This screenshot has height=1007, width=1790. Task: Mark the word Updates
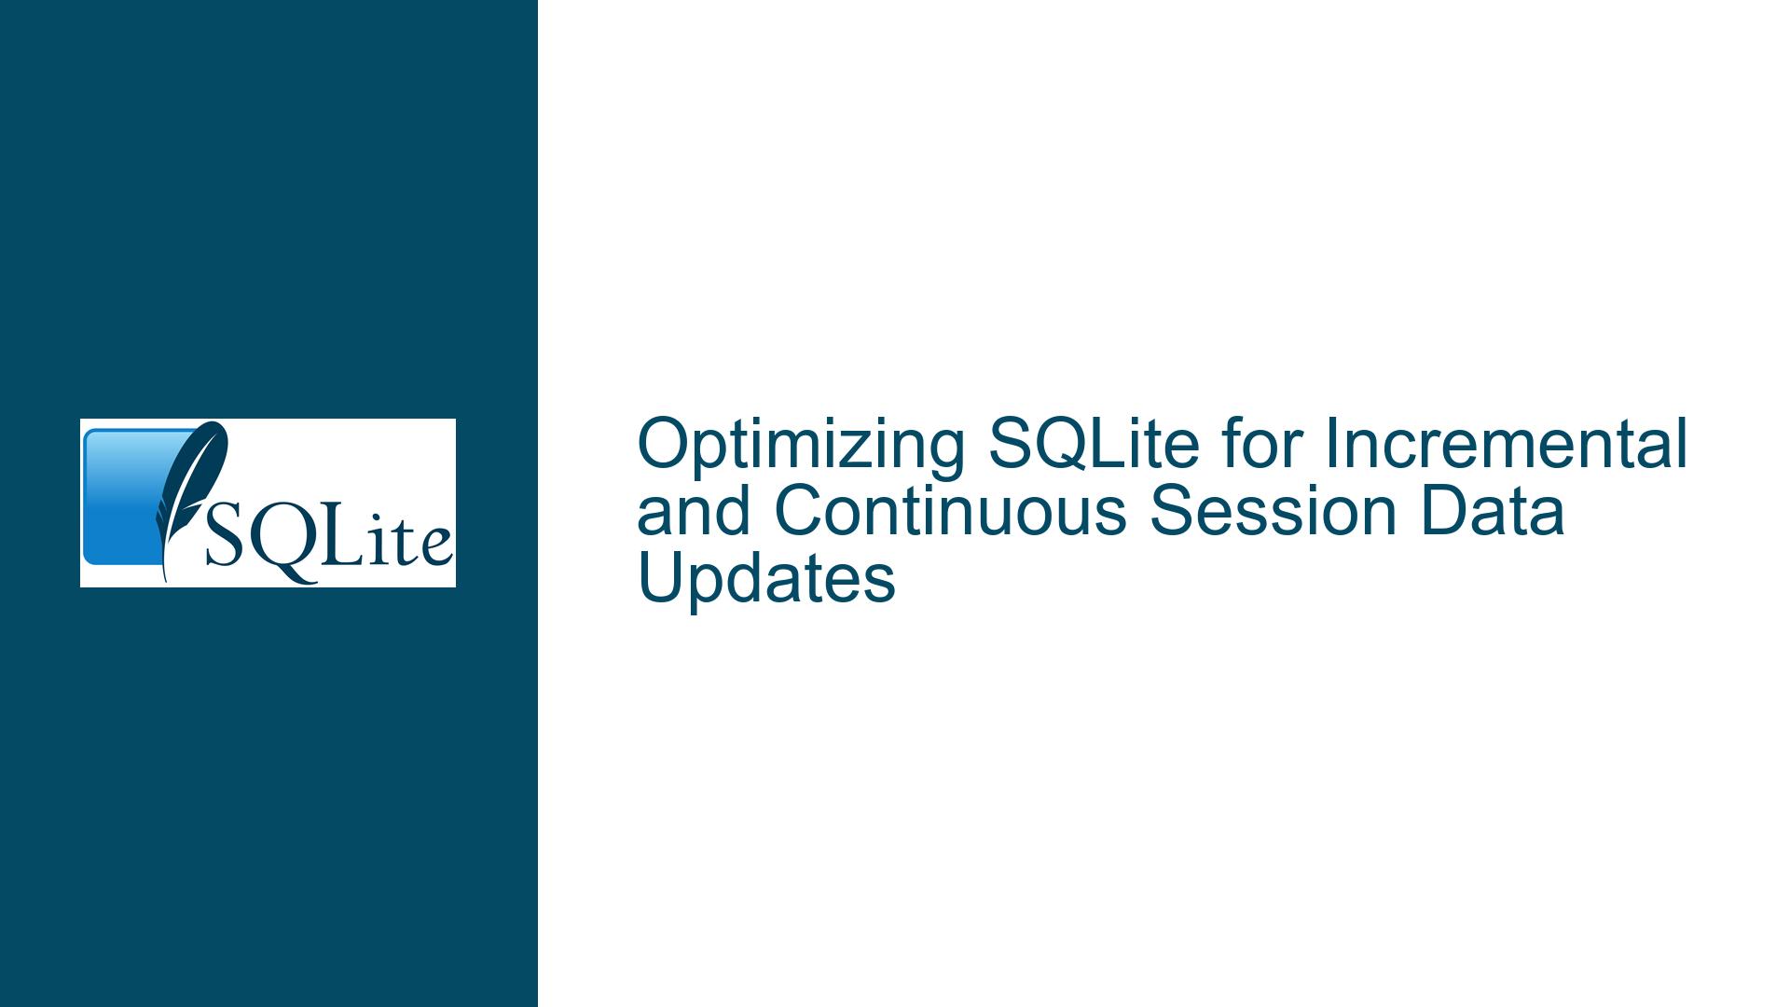click(x=766, y=581)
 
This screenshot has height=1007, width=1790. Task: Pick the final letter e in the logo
click(x=434, y=546)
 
